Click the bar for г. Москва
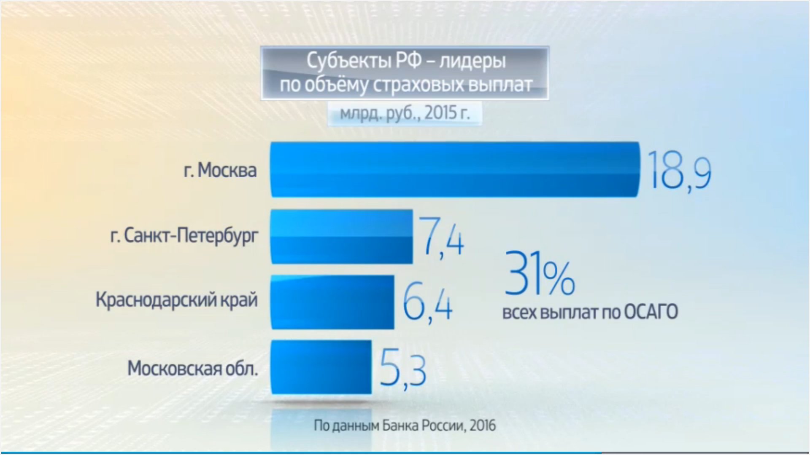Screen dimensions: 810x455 [x=455, y=169]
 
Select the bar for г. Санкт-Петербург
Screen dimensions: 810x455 [x=342, y=237]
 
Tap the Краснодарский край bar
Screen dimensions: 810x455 [x=332, y=302]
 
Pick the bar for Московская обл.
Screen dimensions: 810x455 [x=321, y=367]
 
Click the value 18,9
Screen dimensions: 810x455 [x=679, y=172]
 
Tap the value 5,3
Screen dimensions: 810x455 [x=403, y=370]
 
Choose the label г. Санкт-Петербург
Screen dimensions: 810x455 [x=184, y=236]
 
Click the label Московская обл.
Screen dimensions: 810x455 [x=192, y=369]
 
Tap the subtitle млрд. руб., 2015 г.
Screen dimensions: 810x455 [x=405, y=113]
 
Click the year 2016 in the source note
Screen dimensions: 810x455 [x=483, y=426]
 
